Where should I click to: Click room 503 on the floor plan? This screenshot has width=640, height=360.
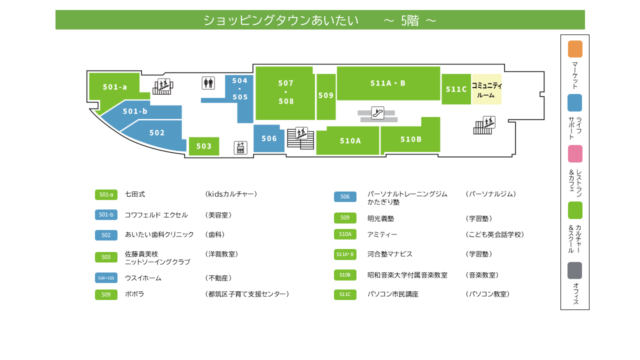pos(204,146)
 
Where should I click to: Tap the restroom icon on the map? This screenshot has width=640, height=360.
pos(208,83)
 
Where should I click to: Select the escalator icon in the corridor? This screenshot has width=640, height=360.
pos(377,113)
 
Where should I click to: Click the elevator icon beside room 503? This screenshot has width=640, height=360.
pos(240,147)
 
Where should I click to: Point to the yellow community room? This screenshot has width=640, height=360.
pos(486,89)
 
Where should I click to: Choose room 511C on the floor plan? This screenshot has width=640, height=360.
pos(456,89)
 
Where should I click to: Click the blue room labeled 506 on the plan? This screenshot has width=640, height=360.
pos(269,138)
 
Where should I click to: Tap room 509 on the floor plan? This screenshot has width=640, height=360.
pos(326,96)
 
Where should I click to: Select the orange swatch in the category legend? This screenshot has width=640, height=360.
pos(575,49)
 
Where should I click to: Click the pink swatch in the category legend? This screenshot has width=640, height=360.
pos(575,153)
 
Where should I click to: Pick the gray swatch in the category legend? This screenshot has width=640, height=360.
pos(575,270)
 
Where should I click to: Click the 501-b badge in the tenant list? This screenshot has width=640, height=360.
pos(106,214)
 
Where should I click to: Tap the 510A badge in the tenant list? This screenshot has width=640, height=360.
pos(345,234)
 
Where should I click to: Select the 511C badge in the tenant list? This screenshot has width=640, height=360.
pos(345,294)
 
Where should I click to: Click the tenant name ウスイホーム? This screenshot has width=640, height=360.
pos(143,278)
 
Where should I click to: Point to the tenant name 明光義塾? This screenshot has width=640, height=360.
pos(380,218)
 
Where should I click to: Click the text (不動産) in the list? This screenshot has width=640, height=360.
pos(218,278)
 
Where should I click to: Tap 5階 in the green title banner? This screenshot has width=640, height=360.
pos(409,20)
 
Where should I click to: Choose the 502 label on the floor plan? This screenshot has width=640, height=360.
pos(157,133)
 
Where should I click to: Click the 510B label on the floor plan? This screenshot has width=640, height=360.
pos(411,139)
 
